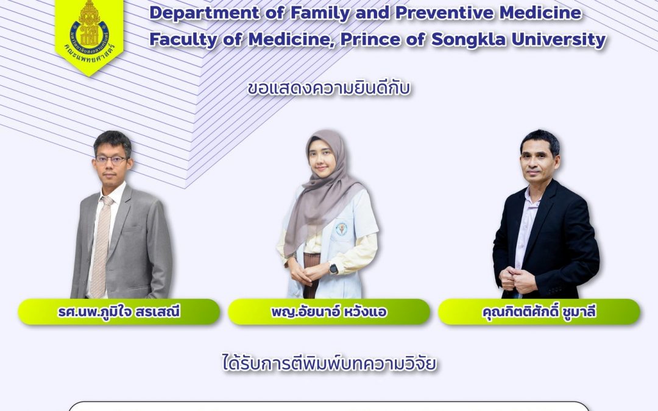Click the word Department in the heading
click(205, 13)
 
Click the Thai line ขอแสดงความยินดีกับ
click(329, 88)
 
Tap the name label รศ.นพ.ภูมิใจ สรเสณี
click(119, 312)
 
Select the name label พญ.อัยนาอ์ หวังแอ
click(329, 312)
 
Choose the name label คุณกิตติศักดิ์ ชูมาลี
click(539, 312)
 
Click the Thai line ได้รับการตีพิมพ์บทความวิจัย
click(330, 363)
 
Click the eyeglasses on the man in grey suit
click(111, 160)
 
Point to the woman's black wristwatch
click(334, 269)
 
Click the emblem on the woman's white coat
click(342, 228)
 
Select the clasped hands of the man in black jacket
click(517, 279)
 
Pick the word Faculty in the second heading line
click(183, 40)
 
